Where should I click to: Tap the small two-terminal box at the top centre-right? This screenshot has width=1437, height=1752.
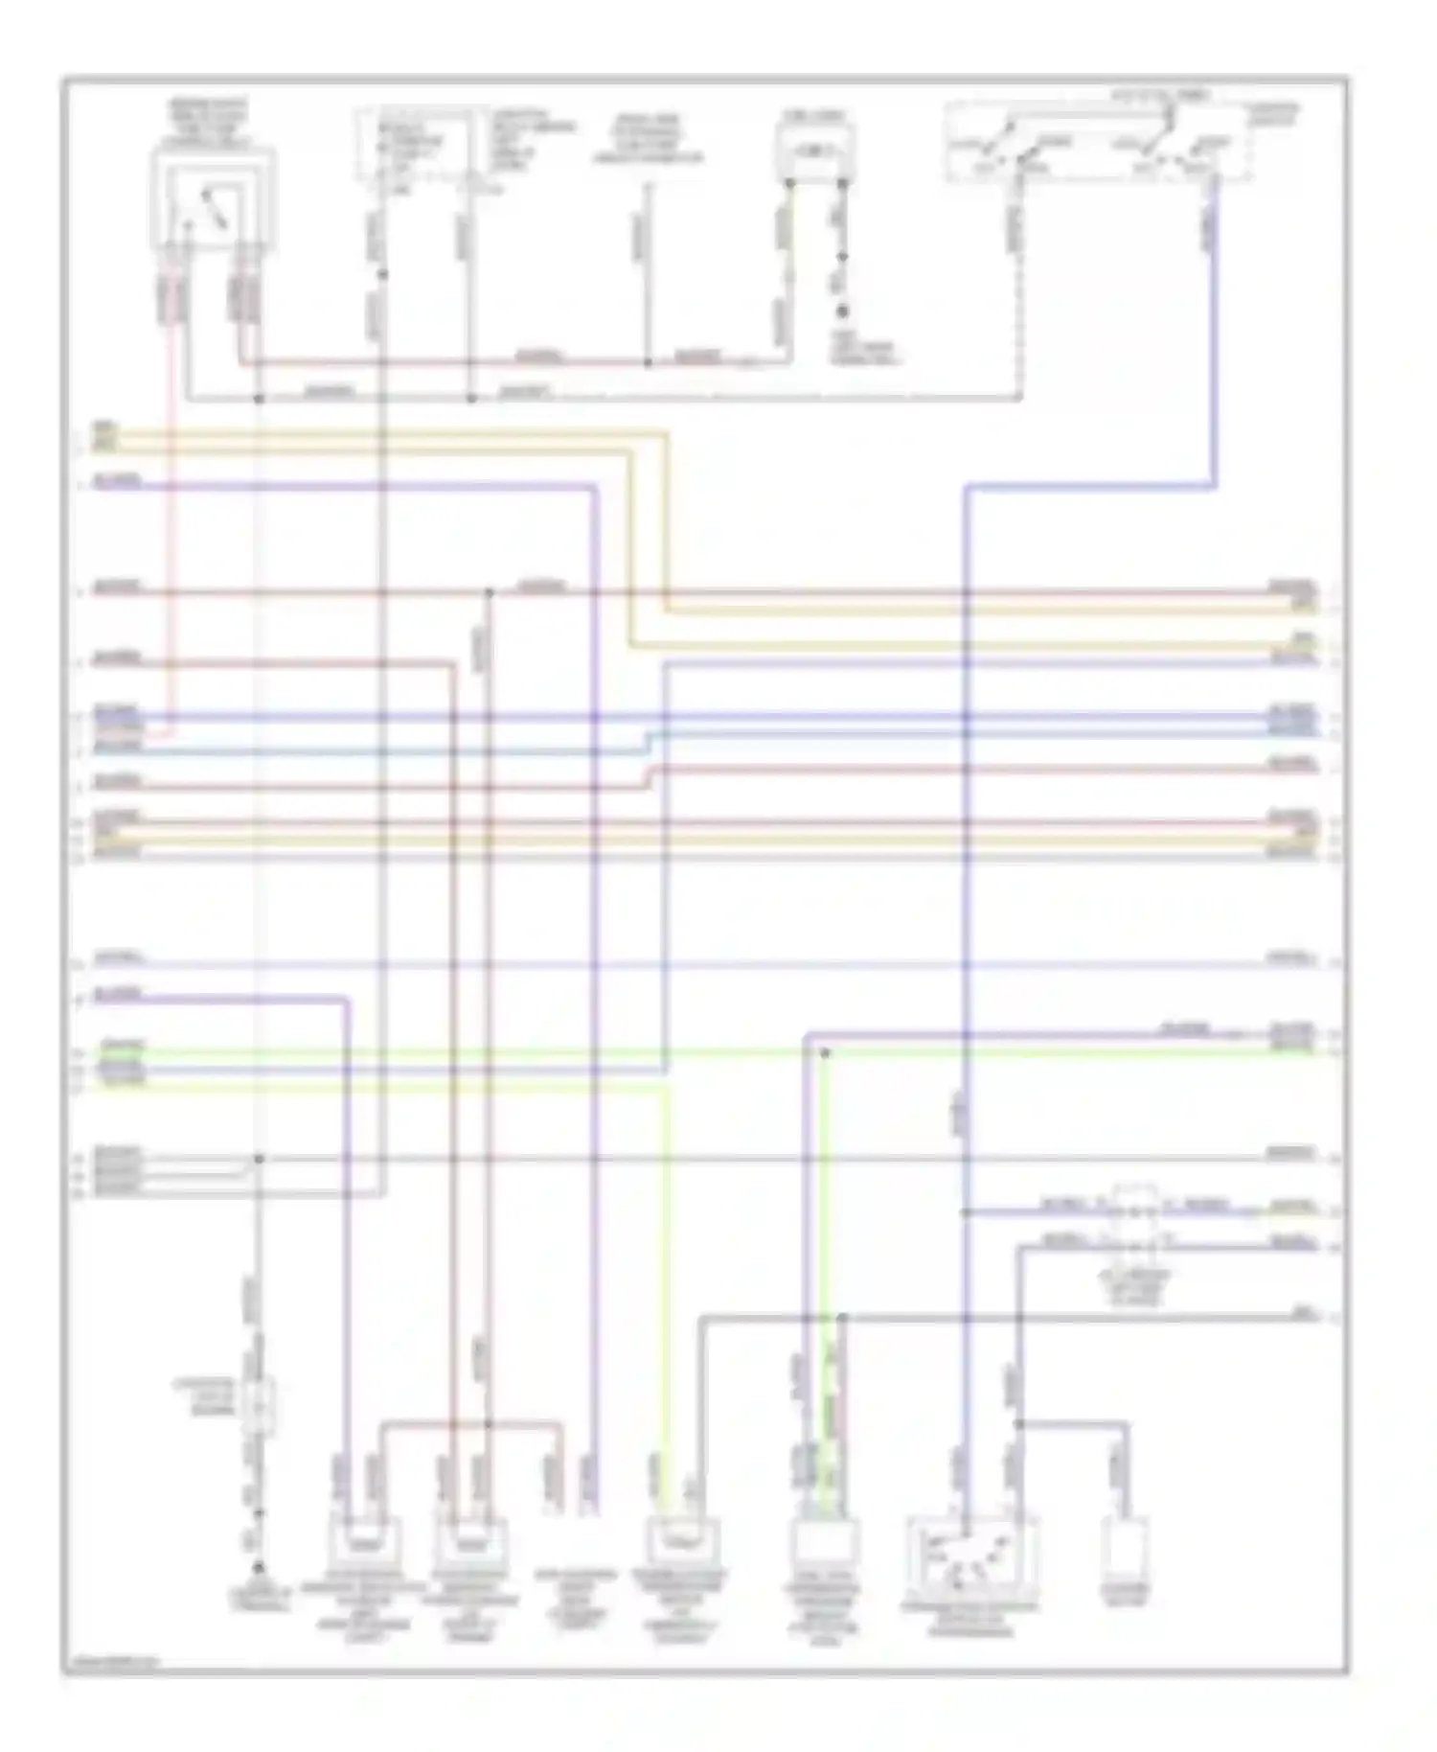pos(815,152)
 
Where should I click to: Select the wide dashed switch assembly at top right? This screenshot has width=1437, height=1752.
pos(1098,144)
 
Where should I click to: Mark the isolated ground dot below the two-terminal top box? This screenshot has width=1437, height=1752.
pos(843,311)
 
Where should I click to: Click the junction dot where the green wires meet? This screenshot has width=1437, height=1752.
pos(825,1052)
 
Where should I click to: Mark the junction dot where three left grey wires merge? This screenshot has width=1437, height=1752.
pos(258,1159)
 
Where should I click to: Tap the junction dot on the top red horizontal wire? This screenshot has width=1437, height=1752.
pos(648,363)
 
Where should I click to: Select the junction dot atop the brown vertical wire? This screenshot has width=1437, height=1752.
pos(489,592)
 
